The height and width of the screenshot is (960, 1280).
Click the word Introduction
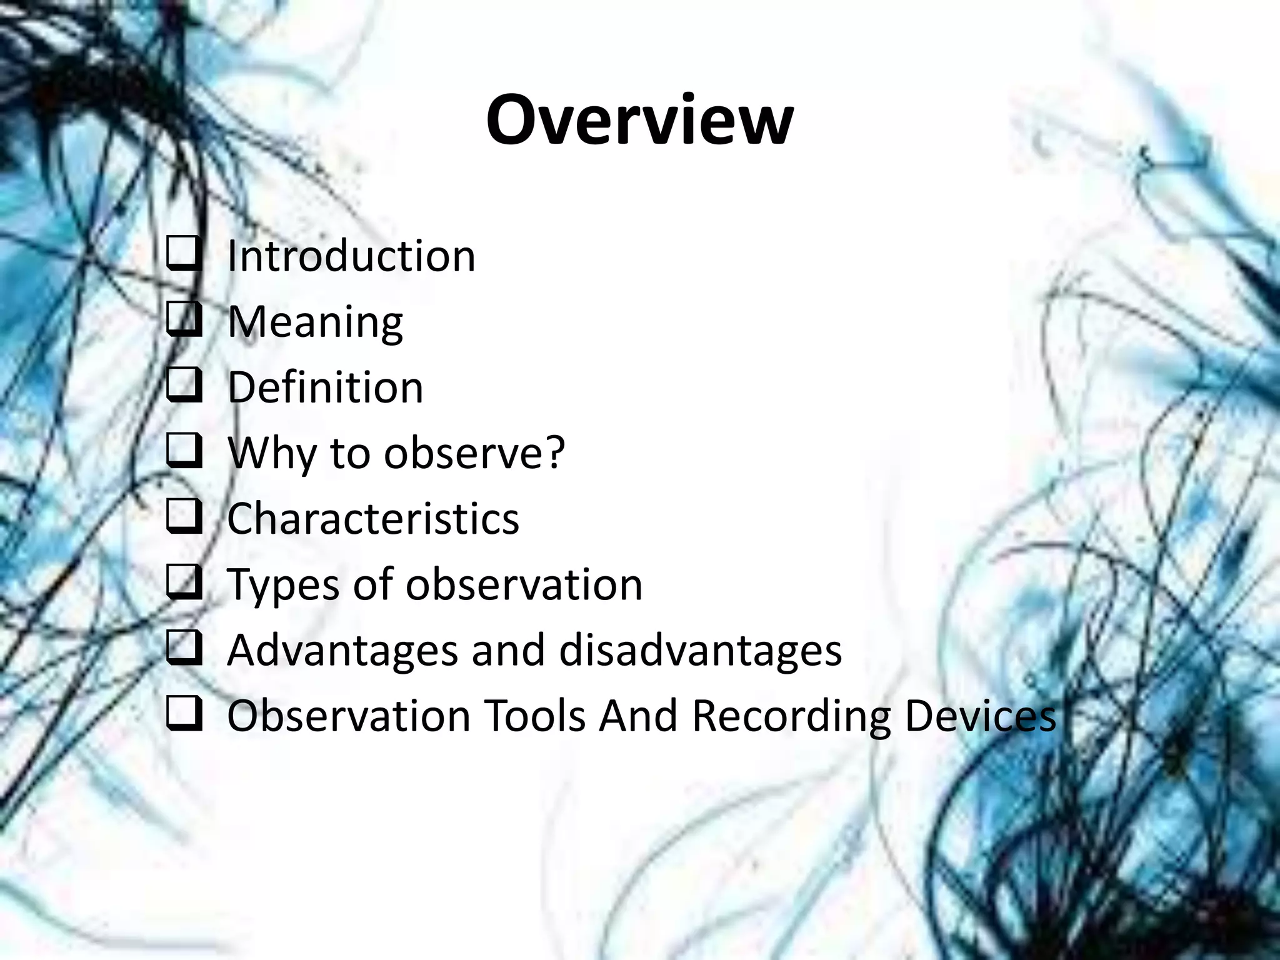coord(351,256)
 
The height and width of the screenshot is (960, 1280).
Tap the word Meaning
coord(315,322)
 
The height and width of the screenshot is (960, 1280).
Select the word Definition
coord(325,387)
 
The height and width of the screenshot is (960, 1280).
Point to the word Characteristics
coord(373,519)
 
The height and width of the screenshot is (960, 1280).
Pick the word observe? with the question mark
coord(474,453)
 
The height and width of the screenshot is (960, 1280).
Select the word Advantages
coord(342,651)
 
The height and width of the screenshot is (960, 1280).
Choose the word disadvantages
coord(700,651)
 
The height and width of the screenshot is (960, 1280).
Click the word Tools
coord(535,716)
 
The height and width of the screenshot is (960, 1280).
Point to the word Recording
coord(791,716)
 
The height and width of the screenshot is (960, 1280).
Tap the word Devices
coord(980,716)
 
